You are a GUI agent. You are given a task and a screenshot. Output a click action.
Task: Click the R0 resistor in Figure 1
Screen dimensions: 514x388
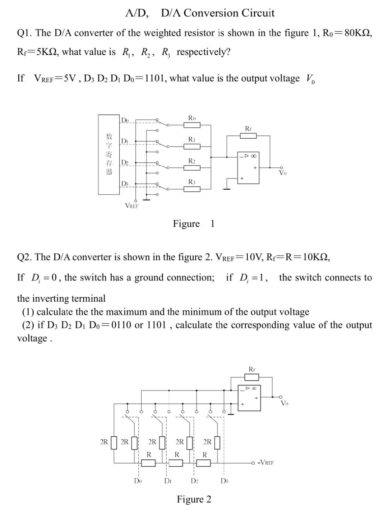pos(192,125)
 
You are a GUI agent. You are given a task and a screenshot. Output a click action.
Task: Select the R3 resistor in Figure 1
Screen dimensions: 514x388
pos(192,189)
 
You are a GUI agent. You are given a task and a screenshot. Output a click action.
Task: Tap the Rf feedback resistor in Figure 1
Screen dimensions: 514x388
pos(248,135)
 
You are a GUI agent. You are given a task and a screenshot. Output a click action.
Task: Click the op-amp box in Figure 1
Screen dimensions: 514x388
pos(248,168)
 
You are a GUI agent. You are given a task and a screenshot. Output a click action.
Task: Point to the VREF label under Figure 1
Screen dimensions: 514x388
pos(131,206)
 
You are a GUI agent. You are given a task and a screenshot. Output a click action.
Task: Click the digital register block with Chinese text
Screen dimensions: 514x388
pos(109,154)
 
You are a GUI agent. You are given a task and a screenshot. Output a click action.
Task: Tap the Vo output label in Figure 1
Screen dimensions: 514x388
pos(283,173)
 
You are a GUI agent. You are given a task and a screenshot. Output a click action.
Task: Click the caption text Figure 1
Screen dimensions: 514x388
pos(193,224)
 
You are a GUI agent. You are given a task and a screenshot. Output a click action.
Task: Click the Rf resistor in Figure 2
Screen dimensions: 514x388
pos(251,377)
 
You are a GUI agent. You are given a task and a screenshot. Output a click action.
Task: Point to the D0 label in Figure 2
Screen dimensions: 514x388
pos(138,481)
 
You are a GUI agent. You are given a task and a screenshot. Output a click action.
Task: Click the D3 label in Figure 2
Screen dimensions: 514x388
pos(224,481)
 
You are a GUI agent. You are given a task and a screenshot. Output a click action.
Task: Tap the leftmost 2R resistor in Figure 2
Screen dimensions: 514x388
pos(114,443)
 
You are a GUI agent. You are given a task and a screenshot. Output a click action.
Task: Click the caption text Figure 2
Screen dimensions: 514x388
pos(194,500)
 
